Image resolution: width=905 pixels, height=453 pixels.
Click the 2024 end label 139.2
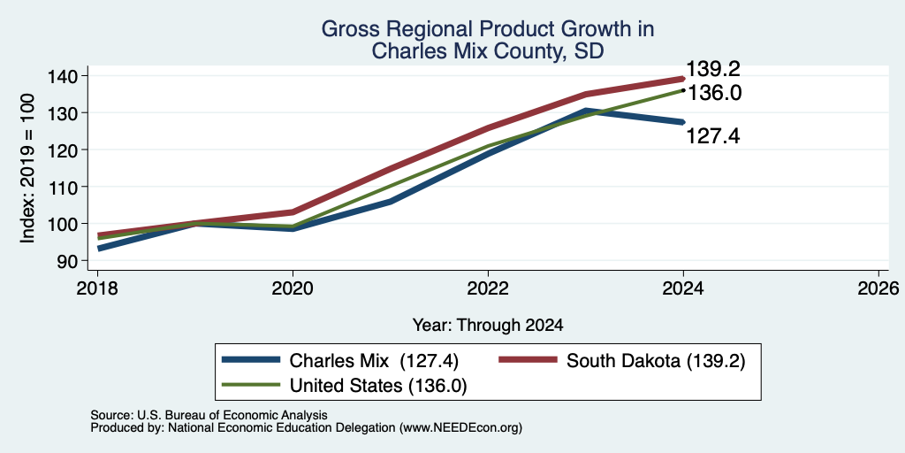pos(712,69)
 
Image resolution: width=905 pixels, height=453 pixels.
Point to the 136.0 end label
pos(714,93)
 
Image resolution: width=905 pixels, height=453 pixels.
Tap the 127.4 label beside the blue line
pos(712,136)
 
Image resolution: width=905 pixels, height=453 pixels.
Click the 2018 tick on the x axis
pos(97,288)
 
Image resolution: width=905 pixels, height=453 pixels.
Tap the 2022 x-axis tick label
pos(488,288)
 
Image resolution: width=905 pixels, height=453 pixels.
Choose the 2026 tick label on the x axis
pos(878,288)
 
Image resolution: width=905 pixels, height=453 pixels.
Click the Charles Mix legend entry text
pos(374,361)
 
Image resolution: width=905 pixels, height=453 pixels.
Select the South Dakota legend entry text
pos(656,361)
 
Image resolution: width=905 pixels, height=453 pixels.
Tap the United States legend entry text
pos(378,386)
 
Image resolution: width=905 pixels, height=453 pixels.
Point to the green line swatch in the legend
pos(251,385)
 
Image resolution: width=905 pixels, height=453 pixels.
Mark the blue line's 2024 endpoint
pos(683,122)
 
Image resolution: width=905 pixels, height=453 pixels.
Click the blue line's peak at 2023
pos(586,111)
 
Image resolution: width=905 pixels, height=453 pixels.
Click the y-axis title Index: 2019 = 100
pos(27,168)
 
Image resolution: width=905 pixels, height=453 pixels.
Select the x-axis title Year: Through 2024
pos(488,326)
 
